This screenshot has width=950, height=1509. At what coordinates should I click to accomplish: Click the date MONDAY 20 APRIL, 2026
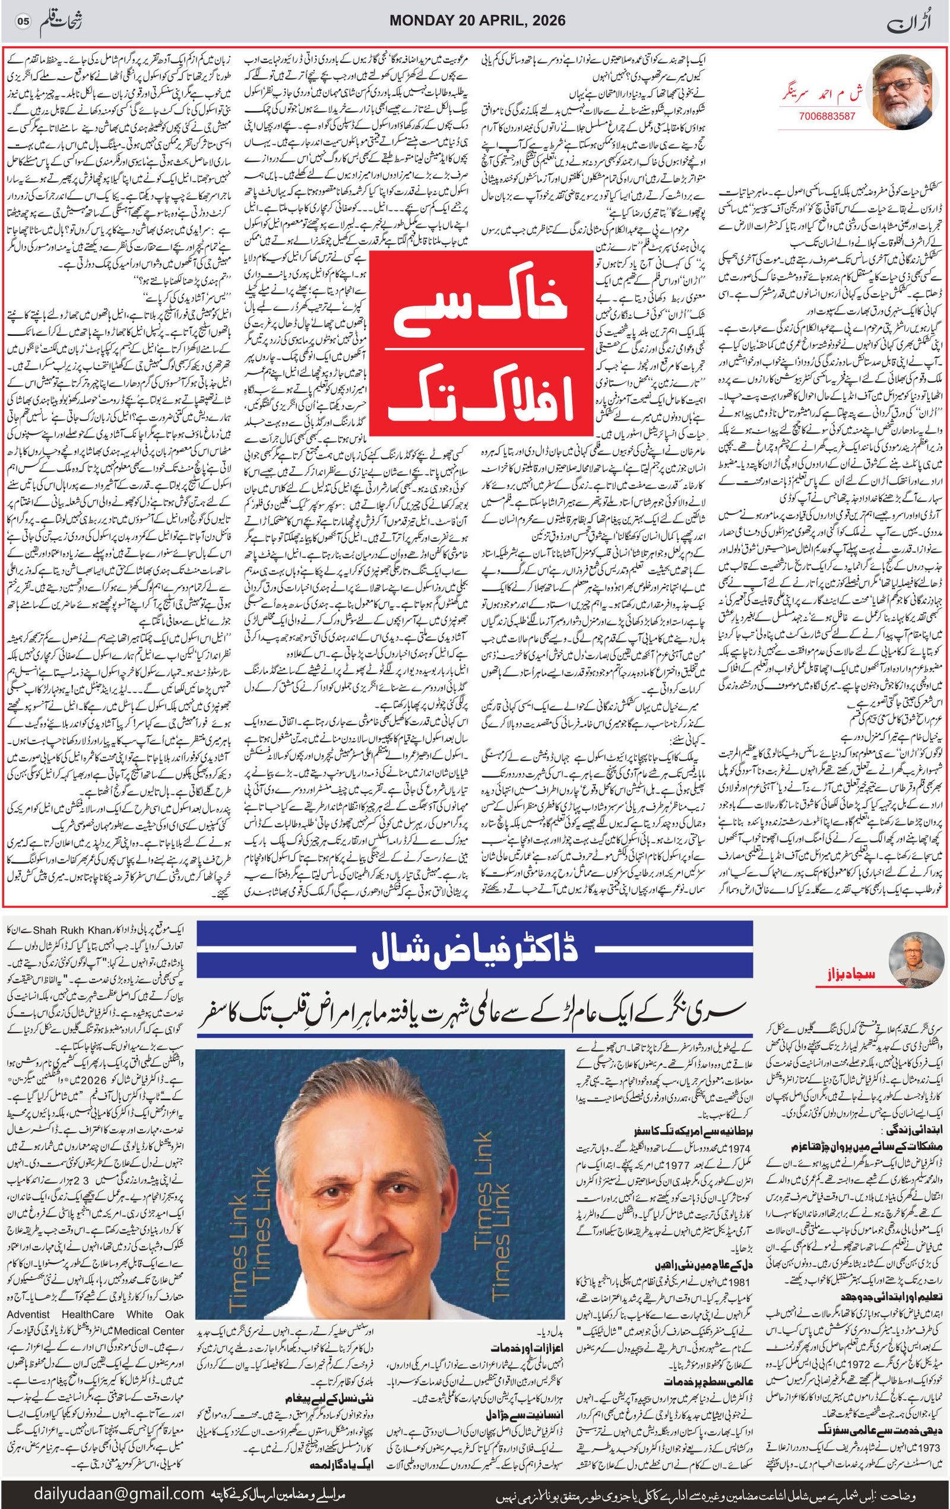tap(477, 21)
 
